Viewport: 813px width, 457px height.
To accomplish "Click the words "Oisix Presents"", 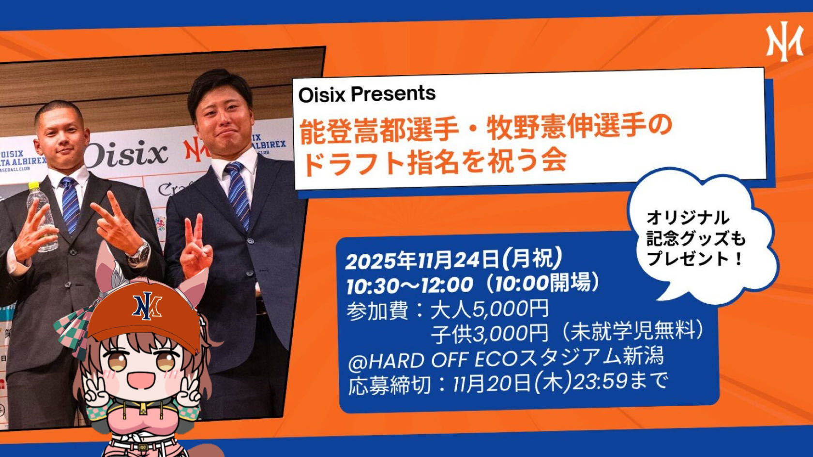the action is click(367, 95).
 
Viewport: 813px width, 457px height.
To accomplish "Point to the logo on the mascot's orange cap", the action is click(147, 306).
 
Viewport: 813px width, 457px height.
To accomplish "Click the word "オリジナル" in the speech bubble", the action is click(687, 218).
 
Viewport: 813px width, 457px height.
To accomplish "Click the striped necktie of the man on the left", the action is click(70, 205).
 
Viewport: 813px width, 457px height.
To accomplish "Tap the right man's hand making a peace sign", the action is click(196, 247).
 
